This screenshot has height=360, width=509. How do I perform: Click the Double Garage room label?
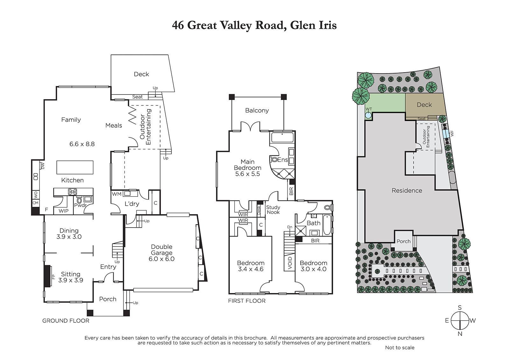click(x=162, y=253)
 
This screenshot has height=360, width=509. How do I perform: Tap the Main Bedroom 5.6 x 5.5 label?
click(x=248, y=168)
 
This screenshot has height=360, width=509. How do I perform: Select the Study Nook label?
click(x=273, y=210)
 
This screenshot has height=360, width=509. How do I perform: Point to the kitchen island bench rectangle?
click(x=75, y=167)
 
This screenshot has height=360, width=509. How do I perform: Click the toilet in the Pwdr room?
click(x=79, y=200)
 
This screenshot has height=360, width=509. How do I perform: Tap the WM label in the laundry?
click(x=117, y=194)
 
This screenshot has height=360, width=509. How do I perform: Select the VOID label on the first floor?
click(x=290, y=263)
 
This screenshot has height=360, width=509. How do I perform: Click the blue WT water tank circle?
click(x=368, y=115)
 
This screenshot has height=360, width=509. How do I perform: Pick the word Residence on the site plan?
click(x=407, y=190)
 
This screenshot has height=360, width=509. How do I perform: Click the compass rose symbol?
click(x=460, y=321)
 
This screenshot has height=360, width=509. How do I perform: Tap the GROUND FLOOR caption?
click(x=66, y=321)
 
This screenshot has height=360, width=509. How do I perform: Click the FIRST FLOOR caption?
click(x=247, y=301)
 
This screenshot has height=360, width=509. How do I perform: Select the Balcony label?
click(x=257, y=110)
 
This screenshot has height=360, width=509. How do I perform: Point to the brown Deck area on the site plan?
click(x=424, y=105)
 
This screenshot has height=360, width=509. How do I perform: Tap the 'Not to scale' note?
click(x=400, y=348)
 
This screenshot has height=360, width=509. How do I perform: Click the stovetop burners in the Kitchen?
click(x=73, y=192)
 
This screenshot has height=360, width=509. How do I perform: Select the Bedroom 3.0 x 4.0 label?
click(x=314, y=266)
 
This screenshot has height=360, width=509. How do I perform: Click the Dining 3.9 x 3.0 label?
click(x=69, y=234)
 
